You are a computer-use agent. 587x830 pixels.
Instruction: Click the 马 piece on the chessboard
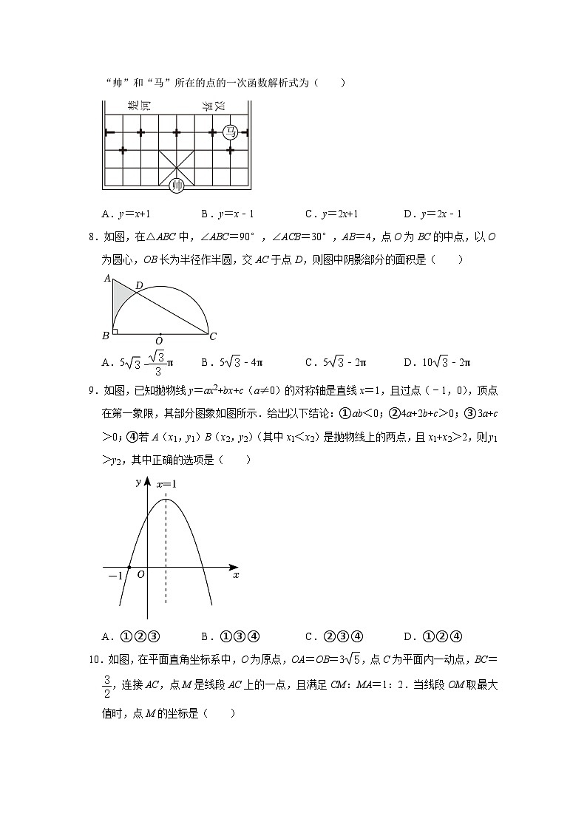click(231, 132)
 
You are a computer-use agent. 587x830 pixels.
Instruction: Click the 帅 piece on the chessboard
click(177, 186)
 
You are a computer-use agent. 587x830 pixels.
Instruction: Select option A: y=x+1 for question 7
click(126, 214)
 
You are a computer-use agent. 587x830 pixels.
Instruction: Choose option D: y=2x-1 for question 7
click(432, 214)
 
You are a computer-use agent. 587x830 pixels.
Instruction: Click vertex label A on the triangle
click(106, 279)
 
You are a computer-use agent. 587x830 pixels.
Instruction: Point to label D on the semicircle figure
click(140, 285)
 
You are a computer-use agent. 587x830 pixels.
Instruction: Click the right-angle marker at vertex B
click(115, 331)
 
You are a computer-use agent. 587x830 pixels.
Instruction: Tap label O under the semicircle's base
click(159, 341)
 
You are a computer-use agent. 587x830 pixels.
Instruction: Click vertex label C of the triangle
click(213, 336)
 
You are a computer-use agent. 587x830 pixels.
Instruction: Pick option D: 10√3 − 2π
click(437, 362)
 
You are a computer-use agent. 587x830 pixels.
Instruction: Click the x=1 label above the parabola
click(166, 484)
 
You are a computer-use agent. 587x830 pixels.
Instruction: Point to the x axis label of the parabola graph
click(236, 574)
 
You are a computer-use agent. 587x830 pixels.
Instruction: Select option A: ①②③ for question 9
click(132, 636)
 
